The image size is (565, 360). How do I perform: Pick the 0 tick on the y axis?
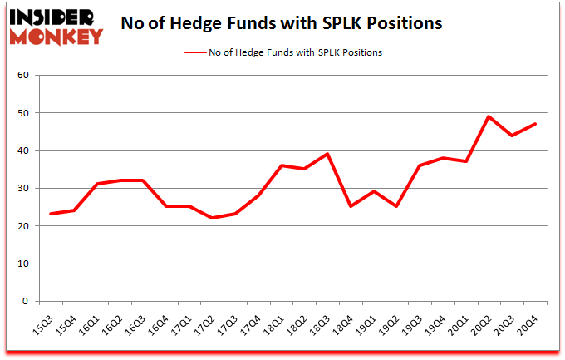point(26,302)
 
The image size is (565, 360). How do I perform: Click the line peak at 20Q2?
point(489,116)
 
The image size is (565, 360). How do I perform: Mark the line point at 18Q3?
point(328,154)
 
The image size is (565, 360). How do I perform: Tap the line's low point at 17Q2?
point(213,218)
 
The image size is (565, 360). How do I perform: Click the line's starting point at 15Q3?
point(51,214)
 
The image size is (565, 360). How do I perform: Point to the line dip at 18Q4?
point(351,206)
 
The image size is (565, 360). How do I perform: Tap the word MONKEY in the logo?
point(56,36)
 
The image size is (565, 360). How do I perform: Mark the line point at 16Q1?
point(96,184)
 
